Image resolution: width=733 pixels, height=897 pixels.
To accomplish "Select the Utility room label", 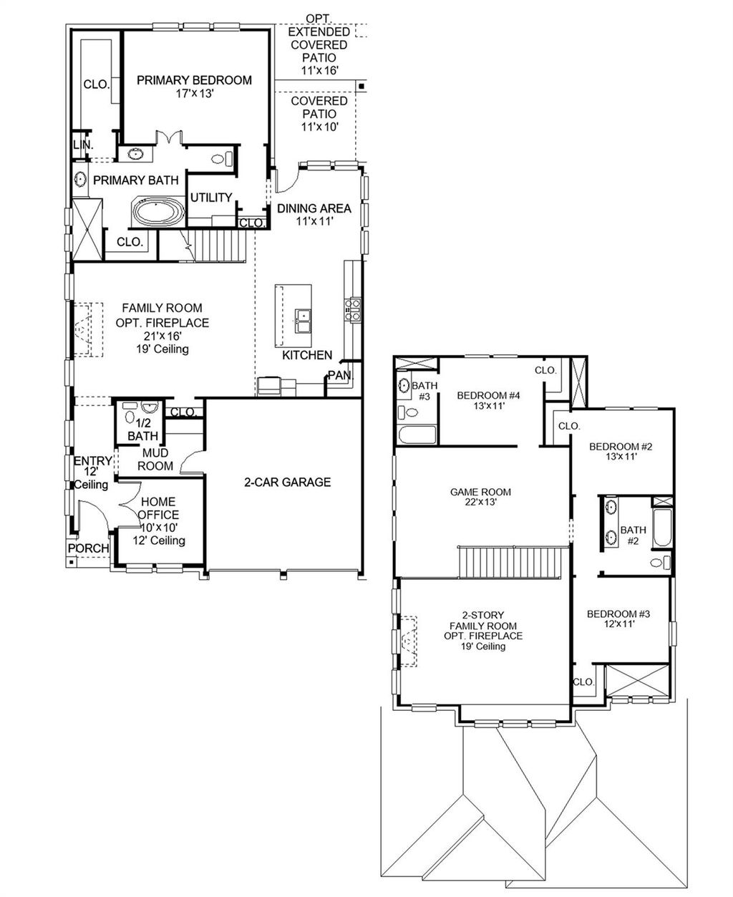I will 211,198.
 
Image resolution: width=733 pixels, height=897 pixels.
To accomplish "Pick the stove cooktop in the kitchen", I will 353,309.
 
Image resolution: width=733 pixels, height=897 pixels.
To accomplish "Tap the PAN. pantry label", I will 340,375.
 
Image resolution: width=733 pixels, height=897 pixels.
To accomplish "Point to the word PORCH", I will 88,548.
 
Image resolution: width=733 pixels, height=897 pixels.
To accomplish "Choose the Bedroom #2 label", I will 621,452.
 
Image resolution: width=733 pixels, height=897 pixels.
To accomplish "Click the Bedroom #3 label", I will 618,619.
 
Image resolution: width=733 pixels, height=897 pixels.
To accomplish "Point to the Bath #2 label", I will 633,535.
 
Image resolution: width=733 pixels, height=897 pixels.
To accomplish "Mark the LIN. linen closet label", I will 82,145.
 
